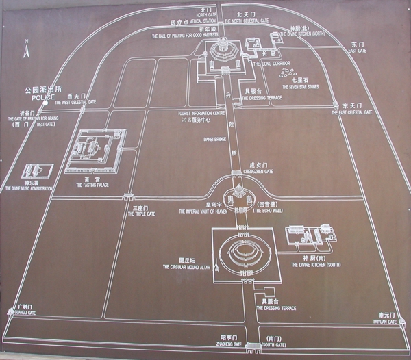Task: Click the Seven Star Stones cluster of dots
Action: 285,71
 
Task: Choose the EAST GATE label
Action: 357,51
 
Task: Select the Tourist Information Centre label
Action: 201,113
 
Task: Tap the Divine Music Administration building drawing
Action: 36,172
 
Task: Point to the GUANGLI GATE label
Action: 23,314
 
